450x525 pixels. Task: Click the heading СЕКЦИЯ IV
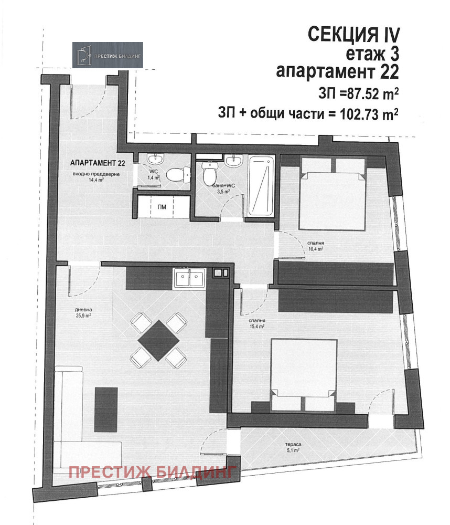point(353,35)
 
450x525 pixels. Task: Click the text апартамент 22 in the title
point(337,71)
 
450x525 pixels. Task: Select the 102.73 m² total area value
point(369,114)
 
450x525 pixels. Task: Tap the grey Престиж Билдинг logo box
point(108,55)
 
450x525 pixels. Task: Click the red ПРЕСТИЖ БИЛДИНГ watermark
point(153,472)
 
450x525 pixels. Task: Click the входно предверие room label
point(96,174)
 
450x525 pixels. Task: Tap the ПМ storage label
point(162,207)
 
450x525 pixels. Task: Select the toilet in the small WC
point(178,174)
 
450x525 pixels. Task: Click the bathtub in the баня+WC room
point(262,186)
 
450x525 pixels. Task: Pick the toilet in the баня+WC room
point(210,172)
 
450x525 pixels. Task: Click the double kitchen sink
point(189,279)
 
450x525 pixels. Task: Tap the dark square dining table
point(158,340)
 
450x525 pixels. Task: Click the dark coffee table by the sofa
point(106,409)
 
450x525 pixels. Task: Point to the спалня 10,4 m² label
point(316,246)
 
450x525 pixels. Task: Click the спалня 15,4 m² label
point(256,323)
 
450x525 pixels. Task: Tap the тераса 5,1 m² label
point(293,447)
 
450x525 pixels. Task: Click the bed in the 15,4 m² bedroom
point(304,375)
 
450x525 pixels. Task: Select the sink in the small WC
point(156,159)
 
